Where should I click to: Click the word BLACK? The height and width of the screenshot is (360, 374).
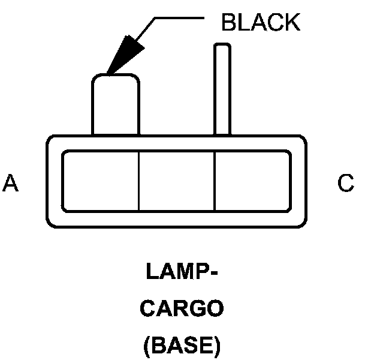(260, 22)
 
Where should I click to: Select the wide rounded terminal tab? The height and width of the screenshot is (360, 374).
(116, 103)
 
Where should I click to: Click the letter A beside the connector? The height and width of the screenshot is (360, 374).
(10, 184)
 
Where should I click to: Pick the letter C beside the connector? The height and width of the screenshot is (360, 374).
(346, 184)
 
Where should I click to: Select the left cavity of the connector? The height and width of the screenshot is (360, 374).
(101, 181)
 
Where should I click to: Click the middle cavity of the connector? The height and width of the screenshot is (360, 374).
(177, 181)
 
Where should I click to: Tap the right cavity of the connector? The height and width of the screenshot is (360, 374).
(252, 181)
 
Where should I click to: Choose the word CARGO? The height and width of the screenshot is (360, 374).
(182, 310)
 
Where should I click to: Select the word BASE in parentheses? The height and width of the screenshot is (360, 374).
(182, 346)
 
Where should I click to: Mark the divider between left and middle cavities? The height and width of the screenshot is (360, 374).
(139, 181)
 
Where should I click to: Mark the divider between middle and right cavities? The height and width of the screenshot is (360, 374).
(215, 181)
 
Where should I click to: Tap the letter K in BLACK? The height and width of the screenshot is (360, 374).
(291, 22)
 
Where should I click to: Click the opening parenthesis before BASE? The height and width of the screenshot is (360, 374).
(147, 347)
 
